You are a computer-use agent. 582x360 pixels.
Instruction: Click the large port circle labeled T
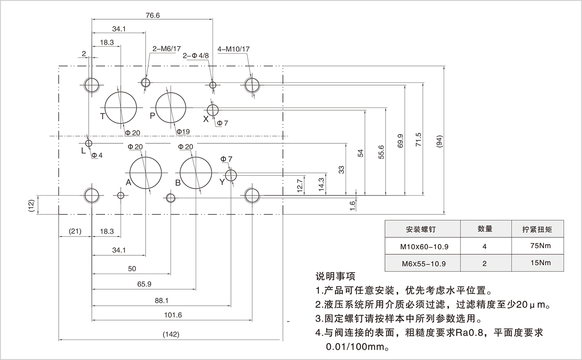click(x=120, y=108)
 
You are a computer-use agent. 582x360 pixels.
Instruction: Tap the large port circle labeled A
click(x=145, y=173)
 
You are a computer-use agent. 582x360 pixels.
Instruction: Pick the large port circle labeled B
click(x=196, y=173)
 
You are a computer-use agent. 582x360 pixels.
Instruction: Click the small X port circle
click(x=212, y=109)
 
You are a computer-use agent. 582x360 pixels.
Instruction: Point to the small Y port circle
click(x=231, y=175)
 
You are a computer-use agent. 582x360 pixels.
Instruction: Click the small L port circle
click(x=89, y=143)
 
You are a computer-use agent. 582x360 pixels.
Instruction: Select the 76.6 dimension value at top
click(x=153, y=15)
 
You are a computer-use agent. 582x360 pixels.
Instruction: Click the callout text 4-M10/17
click(x=233, y=49)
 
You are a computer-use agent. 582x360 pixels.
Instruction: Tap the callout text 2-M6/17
click(x=167, y=49)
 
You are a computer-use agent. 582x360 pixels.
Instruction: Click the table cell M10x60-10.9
click(x=423, y=246)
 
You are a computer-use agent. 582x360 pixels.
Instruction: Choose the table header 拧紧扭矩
click(x=537, y=229)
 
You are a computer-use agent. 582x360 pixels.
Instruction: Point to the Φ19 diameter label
click(x=183, y=132)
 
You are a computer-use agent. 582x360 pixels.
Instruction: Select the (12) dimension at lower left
click(x=31, y=205)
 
